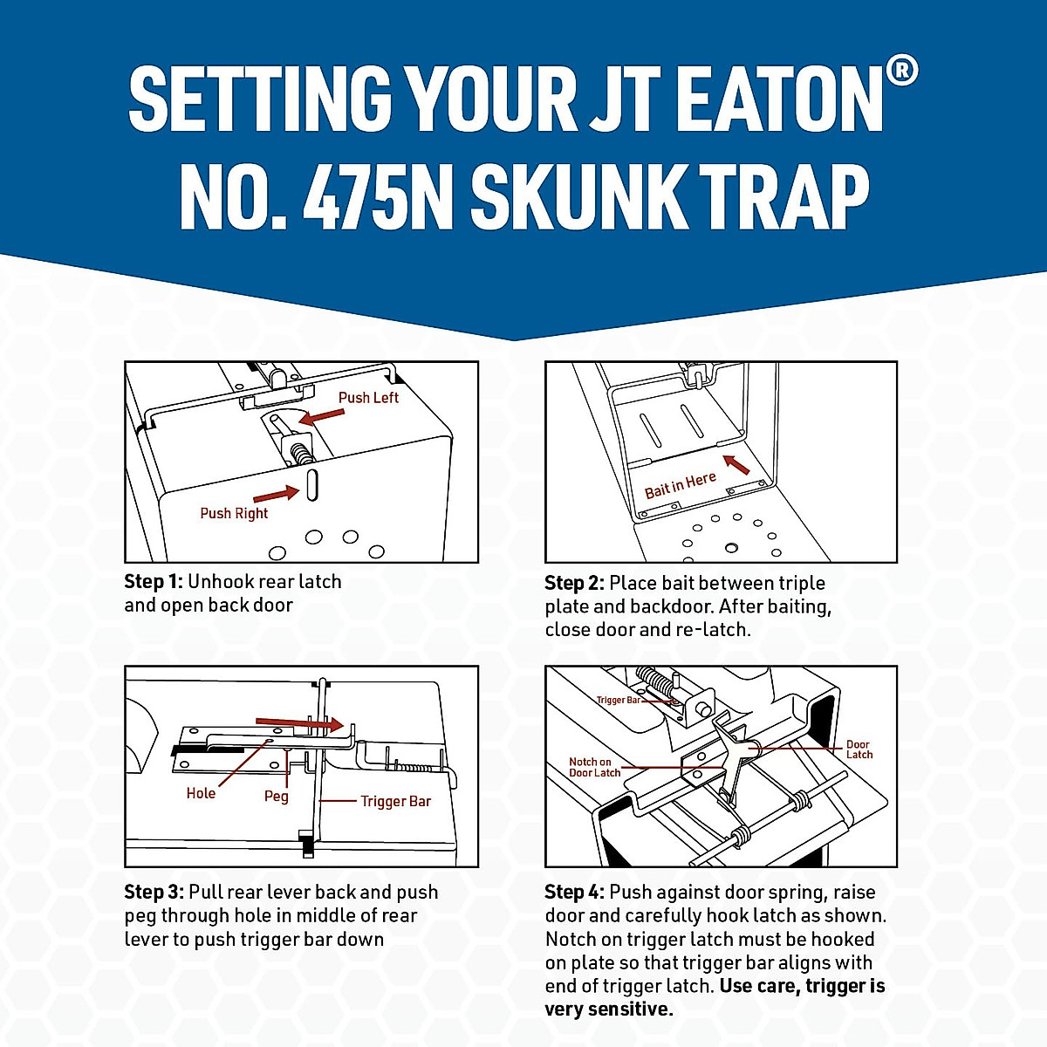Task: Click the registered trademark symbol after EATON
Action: click(902, 71)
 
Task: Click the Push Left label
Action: click(368, 398)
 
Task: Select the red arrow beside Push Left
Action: click(321, 417)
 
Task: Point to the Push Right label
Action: click(234, 513)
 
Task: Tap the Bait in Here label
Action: click(680, 485)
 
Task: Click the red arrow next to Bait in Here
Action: click(736, 464)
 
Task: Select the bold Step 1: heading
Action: click(154, 582)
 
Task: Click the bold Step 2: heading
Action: click(574, 583)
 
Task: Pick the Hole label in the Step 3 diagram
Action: click(201, 793)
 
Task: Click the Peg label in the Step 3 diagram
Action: click(276, 796)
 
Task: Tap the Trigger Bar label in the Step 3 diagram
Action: click(395, 801)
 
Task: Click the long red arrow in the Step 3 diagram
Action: click(299, 723)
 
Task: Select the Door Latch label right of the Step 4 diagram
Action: click(859, 749)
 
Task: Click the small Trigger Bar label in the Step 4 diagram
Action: click(619, 700)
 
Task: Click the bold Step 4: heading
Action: click(574, 892)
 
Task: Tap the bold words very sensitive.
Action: click(608, 1009)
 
